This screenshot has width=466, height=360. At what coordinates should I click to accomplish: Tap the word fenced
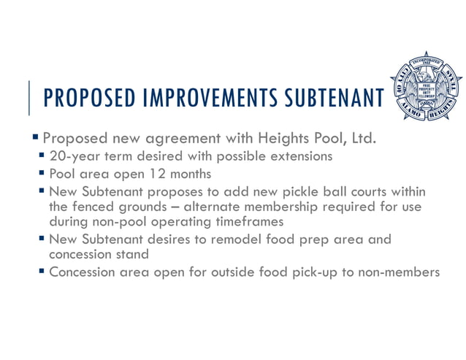coord(96,207)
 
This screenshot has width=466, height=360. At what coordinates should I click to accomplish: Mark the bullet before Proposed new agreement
coord(36,137)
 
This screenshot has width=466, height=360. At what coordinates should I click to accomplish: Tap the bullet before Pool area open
coord(43,175)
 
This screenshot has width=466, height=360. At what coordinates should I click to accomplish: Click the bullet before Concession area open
coord(43,272)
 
